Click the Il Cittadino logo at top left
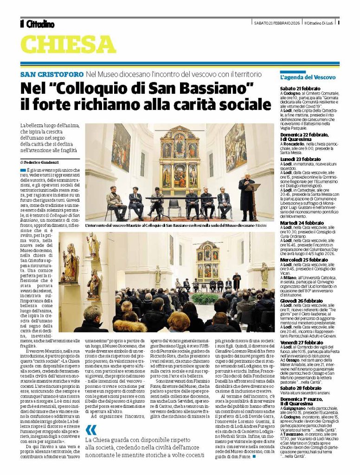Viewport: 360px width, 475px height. click(x=37, y=24)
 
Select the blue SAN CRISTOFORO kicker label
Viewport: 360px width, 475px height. click(x=52, y=74)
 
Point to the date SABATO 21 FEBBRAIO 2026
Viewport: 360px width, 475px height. click(x=277, y=23)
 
